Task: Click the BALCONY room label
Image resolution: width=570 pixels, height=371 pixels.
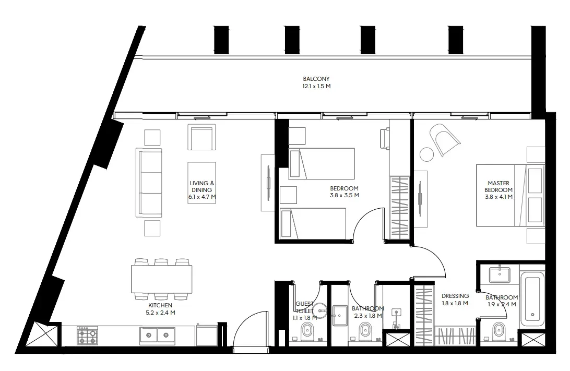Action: [x=317, y=82]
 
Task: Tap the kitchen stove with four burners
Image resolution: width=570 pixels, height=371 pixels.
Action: [x=87, y=336]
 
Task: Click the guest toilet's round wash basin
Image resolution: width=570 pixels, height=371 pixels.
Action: [x=320, y=310]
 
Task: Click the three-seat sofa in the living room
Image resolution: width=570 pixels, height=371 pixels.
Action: [x=149, y=183]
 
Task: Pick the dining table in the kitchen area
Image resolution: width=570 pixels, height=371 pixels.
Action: [x=161, y=279]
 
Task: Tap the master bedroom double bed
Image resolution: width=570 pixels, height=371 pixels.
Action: [x=510, y=195]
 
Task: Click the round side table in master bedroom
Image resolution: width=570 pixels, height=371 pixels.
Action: [x=427, y=154]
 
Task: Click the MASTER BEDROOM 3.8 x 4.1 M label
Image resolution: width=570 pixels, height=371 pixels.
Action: [x=498, y=190]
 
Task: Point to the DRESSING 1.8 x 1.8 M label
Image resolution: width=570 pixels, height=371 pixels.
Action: [x=455, y=300]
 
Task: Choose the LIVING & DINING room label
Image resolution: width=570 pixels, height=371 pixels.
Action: [x=202, y=190]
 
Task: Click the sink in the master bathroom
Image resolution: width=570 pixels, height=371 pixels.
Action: [x=500, y=275]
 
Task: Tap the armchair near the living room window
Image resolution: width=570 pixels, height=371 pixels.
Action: [x=202, y=137]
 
